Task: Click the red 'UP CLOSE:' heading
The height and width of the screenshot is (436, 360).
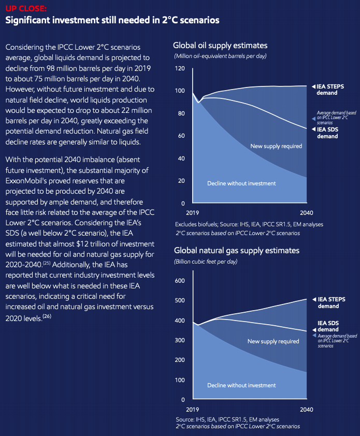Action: (25, 9)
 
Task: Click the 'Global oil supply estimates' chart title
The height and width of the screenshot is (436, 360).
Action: (220, 45)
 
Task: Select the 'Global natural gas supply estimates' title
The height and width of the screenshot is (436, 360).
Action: (236, 250)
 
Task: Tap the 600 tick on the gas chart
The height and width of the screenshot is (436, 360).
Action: (179, 281)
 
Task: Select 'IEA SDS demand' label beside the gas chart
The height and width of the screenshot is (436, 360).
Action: (328, 326)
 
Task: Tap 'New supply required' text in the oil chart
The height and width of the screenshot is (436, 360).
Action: (276, 146)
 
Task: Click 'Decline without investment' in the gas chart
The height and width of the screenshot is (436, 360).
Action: (241, 385)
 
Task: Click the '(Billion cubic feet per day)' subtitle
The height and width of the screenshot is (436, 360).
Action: (206, 261)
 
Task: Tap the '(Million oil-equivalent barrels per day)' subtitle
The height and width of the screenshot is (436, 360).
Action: (220, 55)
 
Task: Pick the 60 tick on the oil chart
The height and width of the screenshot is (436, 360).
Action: (181, 136)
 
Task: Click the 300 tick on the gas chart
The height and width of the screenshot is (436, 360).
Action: (179, 340)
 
